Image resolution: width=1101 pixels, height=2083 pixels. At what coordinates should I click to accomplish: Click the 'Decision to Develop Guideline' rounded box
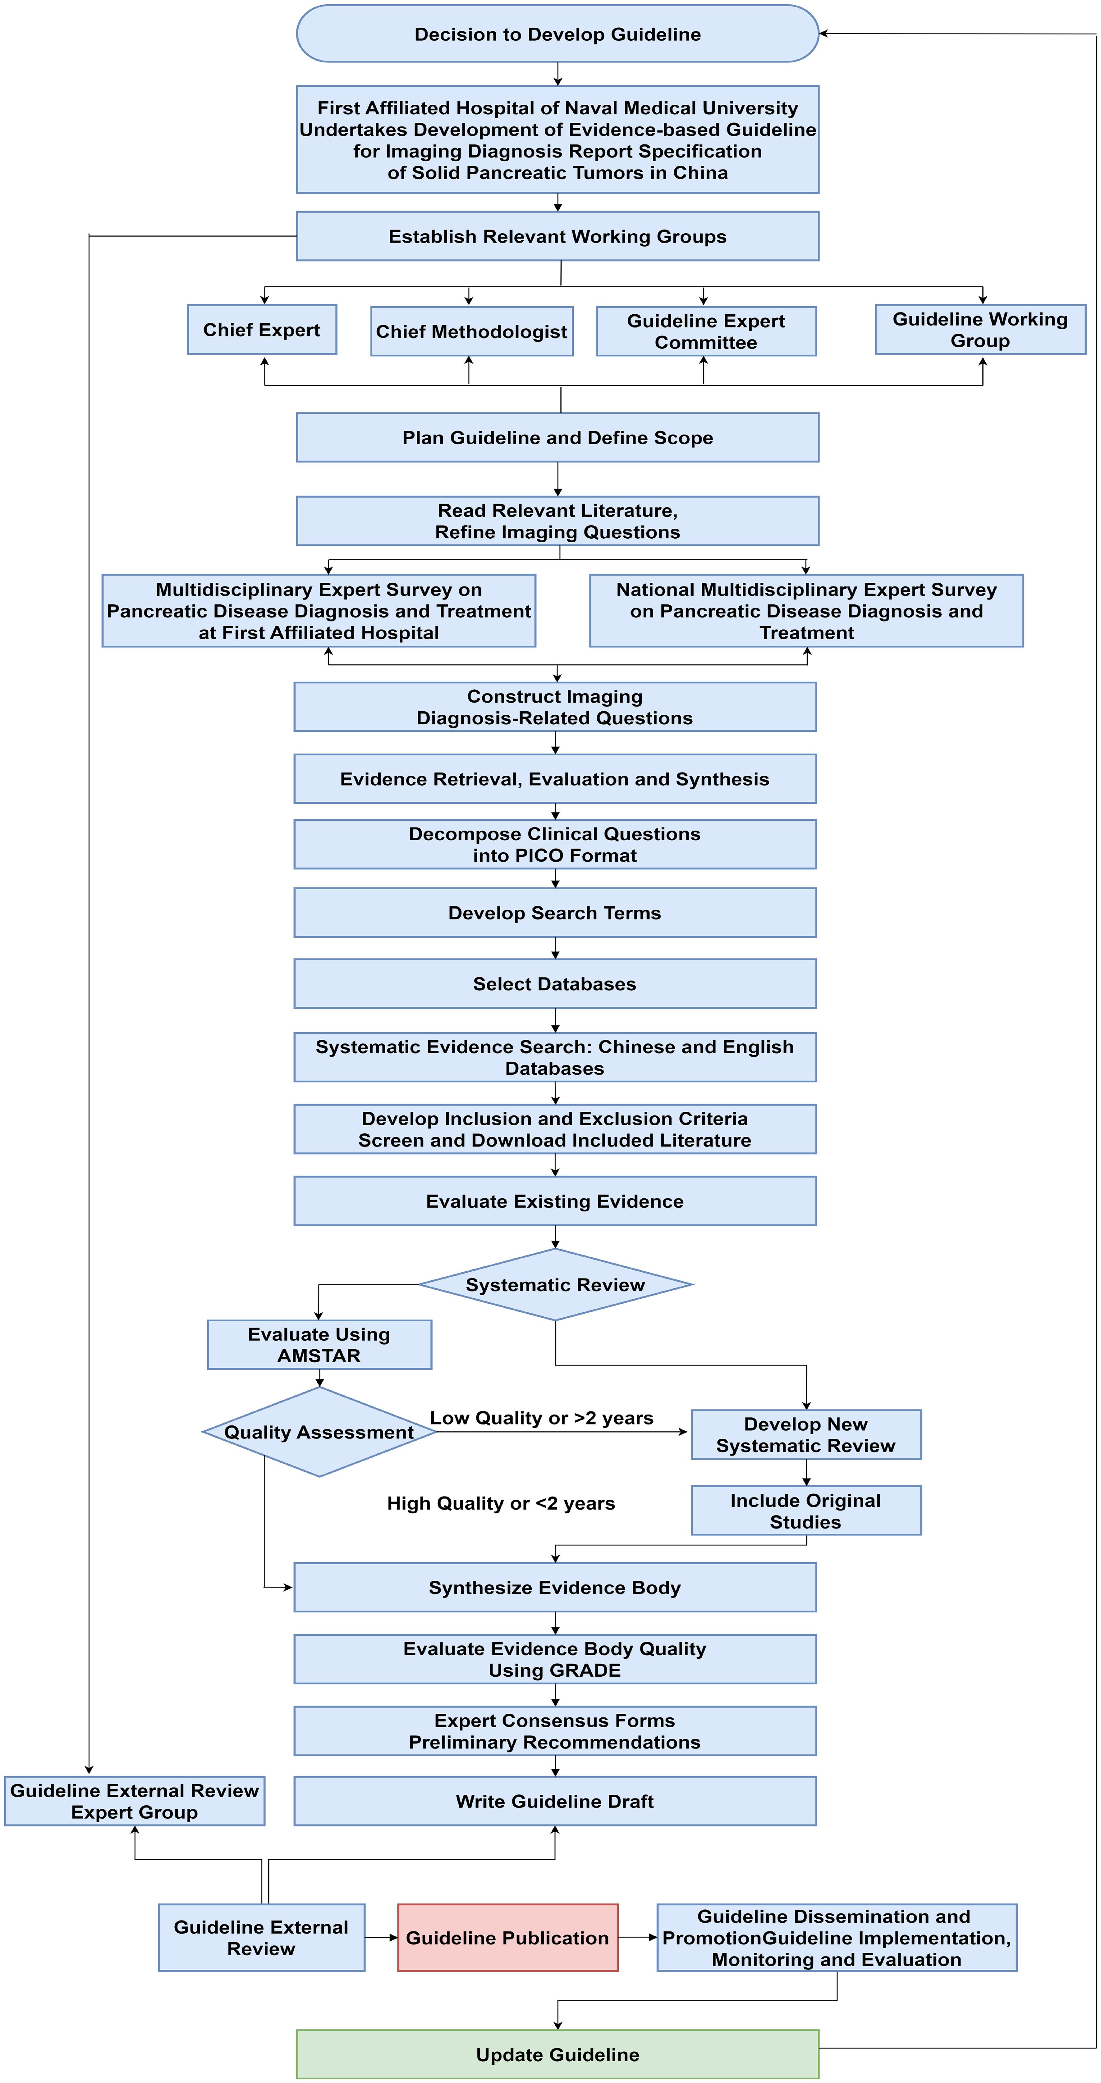(x=557, y=34)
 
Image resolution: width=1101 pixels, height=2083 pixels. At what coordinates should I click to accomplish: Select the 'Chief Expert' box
(x=261, y=330)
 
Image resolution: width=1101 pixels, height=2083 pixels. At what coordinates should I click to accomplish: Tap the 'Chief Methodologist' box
(x=472, y=331)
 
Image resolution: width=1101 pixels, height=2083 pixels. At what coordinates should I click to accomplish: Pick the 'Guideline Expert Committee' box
(x=705, y=331)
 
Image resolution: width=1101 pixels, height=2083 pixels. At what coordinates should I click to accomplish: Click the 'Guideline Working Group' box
(x=980, y=330)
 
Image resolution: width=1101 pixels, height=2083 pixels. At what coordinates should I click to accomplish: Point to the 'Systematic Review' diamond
(x=555, y=1285)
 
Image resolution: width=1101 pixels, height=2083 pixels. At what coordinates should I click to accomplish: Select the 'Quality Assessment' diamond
(x=319, y=1432)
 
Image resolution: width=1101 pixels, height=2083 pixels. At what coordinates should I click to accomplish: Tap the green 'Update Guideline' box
(x=557, y=2055)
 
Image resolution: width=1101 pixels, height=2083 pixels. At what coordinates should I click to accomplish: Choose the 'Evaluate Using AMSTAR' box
(x=319, y=1345)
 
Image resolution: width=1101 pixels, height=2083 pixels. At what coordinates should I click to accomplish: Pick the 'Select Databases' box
(x=555, y=984)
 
